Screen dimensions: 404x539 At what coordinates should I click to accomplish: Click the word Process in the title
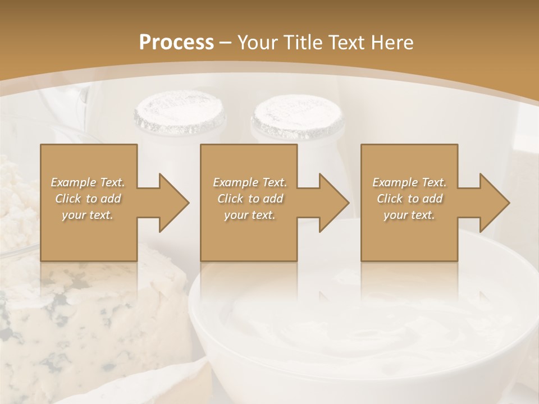point(176,42)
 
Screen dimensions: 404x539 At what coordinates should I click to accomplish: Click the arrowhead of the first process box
point(174,203)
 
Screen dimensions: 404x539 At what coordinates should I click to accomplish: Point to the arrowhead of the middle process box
point(334,203)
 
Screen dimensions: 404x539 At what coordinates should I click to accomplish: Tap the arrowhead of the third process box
point(495,203)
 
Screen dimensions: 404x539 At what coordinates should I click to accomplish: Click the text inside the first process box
point(88,199)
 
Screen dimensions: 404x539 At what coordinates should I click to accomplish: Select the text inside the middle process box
point(250,199)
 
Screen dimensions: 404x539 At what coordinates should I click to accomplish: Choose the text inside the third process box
point(409,199)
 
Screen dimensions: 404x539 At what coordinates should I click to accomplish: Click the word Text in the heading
point(346,42)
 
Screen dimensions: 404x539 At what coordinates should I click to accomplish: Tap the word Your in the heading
point(257,42)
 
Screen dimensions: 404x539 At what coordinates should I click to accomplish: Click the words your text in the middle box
point(250,215)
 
